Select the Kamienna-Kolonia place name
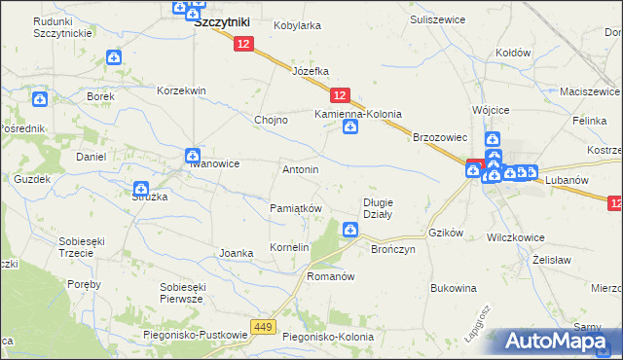coord(357,114)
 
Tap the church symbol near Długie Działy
coord(348,230)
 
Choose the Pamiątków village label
coord(295,209)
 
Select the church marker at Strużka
coord(141,189)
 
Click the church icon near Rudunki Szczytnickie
coord(114,57)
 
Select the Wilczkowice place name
coord(515,236)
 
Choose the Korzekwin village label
coord(182,90)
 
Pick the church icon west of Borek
coord(40,98)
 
